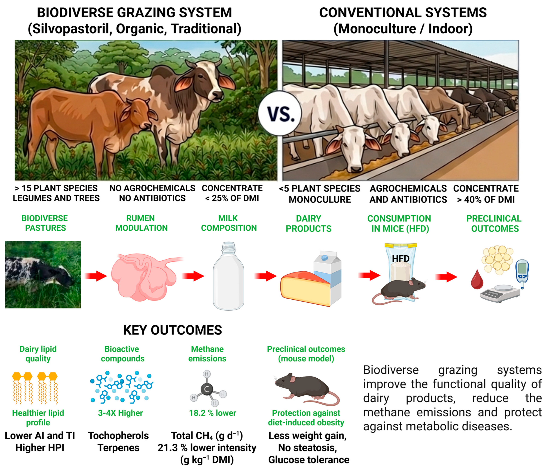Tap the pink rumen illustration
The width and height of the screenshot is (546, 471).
point(144,277)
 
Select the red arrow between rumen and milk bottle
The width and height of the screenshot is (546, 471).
point(193,276)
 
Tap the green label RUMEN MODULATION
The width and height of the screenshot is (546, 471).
point(141,223)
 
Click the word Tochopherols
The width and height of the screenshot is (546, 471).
point(118,436)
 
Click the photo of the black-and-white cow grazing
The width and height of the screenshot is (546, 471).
point(43,275)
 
